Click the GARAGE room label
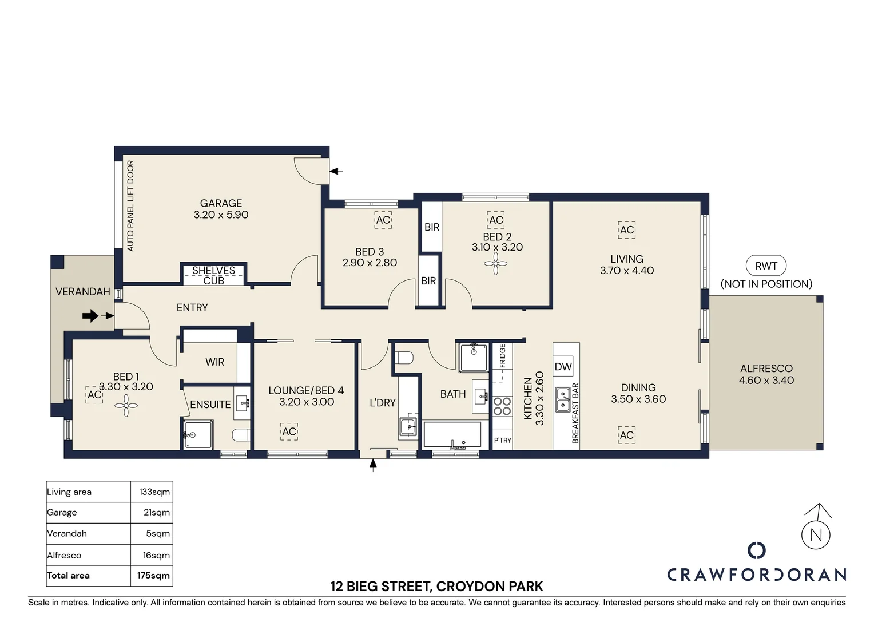(x=221, y=203)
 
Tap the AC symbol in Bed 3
(x=383, y=220)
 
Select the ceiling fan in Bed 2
(x=495, y=264)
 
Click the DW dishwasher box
(x=563, y=366)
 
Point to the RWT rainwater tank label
(x=766, y=266)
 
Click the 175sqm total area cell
(x=153, y=575)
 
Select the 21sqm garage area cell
(x=157, y=512)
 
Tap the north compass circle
(x=816, y=535)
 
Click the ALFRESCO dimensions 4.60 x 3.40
(x=766, y=380)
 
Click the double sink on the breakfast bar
(x=563, y=400)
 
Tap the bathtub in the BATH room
(x=452, y=434)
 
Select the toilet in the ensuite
(x=241, y=434)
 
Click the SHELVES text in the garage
(x=213, y=270)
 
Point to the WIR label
(x=214, y=362)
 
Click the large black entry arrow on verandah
(x=90, y=316)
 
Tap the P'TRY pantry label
(x=503, y=441)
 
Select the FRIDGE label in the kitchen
(x=503, y=356)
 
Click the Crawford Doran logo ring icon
(x=757, y=550)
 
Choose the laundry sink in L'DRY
(x=408, y=427)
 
